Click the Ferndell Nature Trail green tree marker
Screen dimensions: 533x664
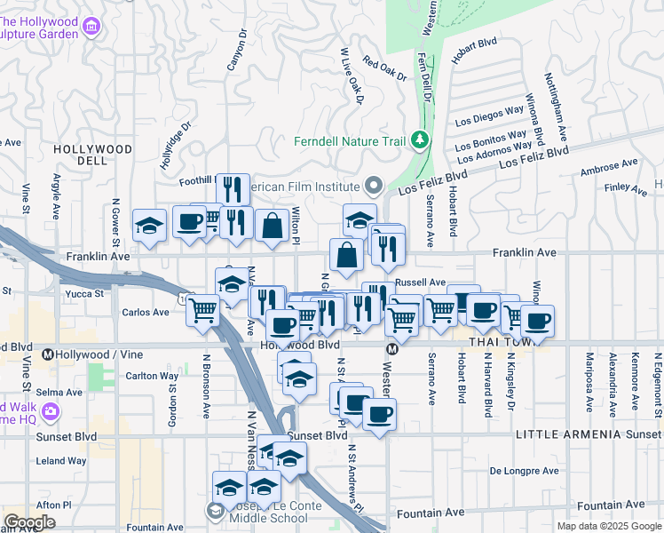coord(419,141)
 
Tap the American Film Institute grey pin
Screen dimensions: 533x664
coord(373,187)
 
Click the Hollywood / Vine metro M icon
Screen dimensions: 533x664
coord(49,354)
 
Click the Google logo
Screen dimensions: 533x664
coord(30,521)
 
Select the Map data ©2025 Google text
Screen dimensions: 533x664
coord(608,526)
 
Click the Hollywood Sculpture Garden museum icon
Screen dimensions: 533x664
coord(91,28)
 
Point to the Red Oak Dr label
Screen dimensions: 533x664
coord(384,70)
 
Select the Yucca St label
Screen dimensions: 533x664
coord(87,292)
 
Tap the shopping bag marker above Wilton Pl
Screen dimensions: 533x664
coord(272,226)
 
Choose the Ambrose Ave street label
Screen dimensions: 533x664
coord(609,168)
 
